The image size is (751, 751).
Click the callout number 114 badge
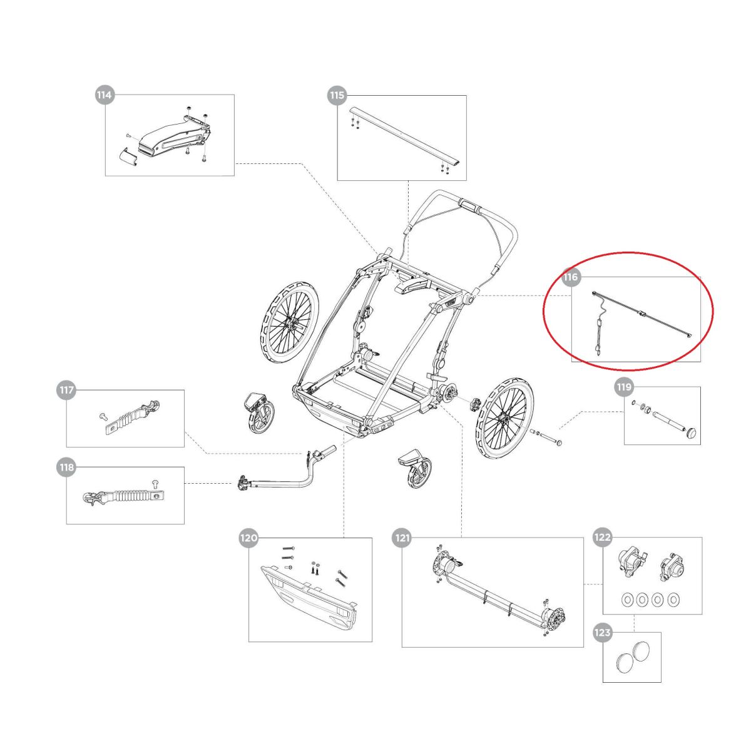tap(104, 95)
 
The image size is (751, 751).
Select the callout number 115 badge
tap(337, 95)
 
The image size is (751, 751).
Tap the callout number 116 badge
tap(571, 277)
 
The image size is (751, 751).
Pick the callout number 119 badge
tap(624, 387)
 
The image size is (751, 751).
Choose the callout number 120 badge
tap(248, 538)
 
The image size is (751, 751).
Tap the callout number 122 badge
tap(602, 538)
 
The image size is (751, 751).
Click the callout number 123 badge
tap(602, 633)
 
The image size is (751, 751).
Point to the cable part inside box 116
tap(638, 316)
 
